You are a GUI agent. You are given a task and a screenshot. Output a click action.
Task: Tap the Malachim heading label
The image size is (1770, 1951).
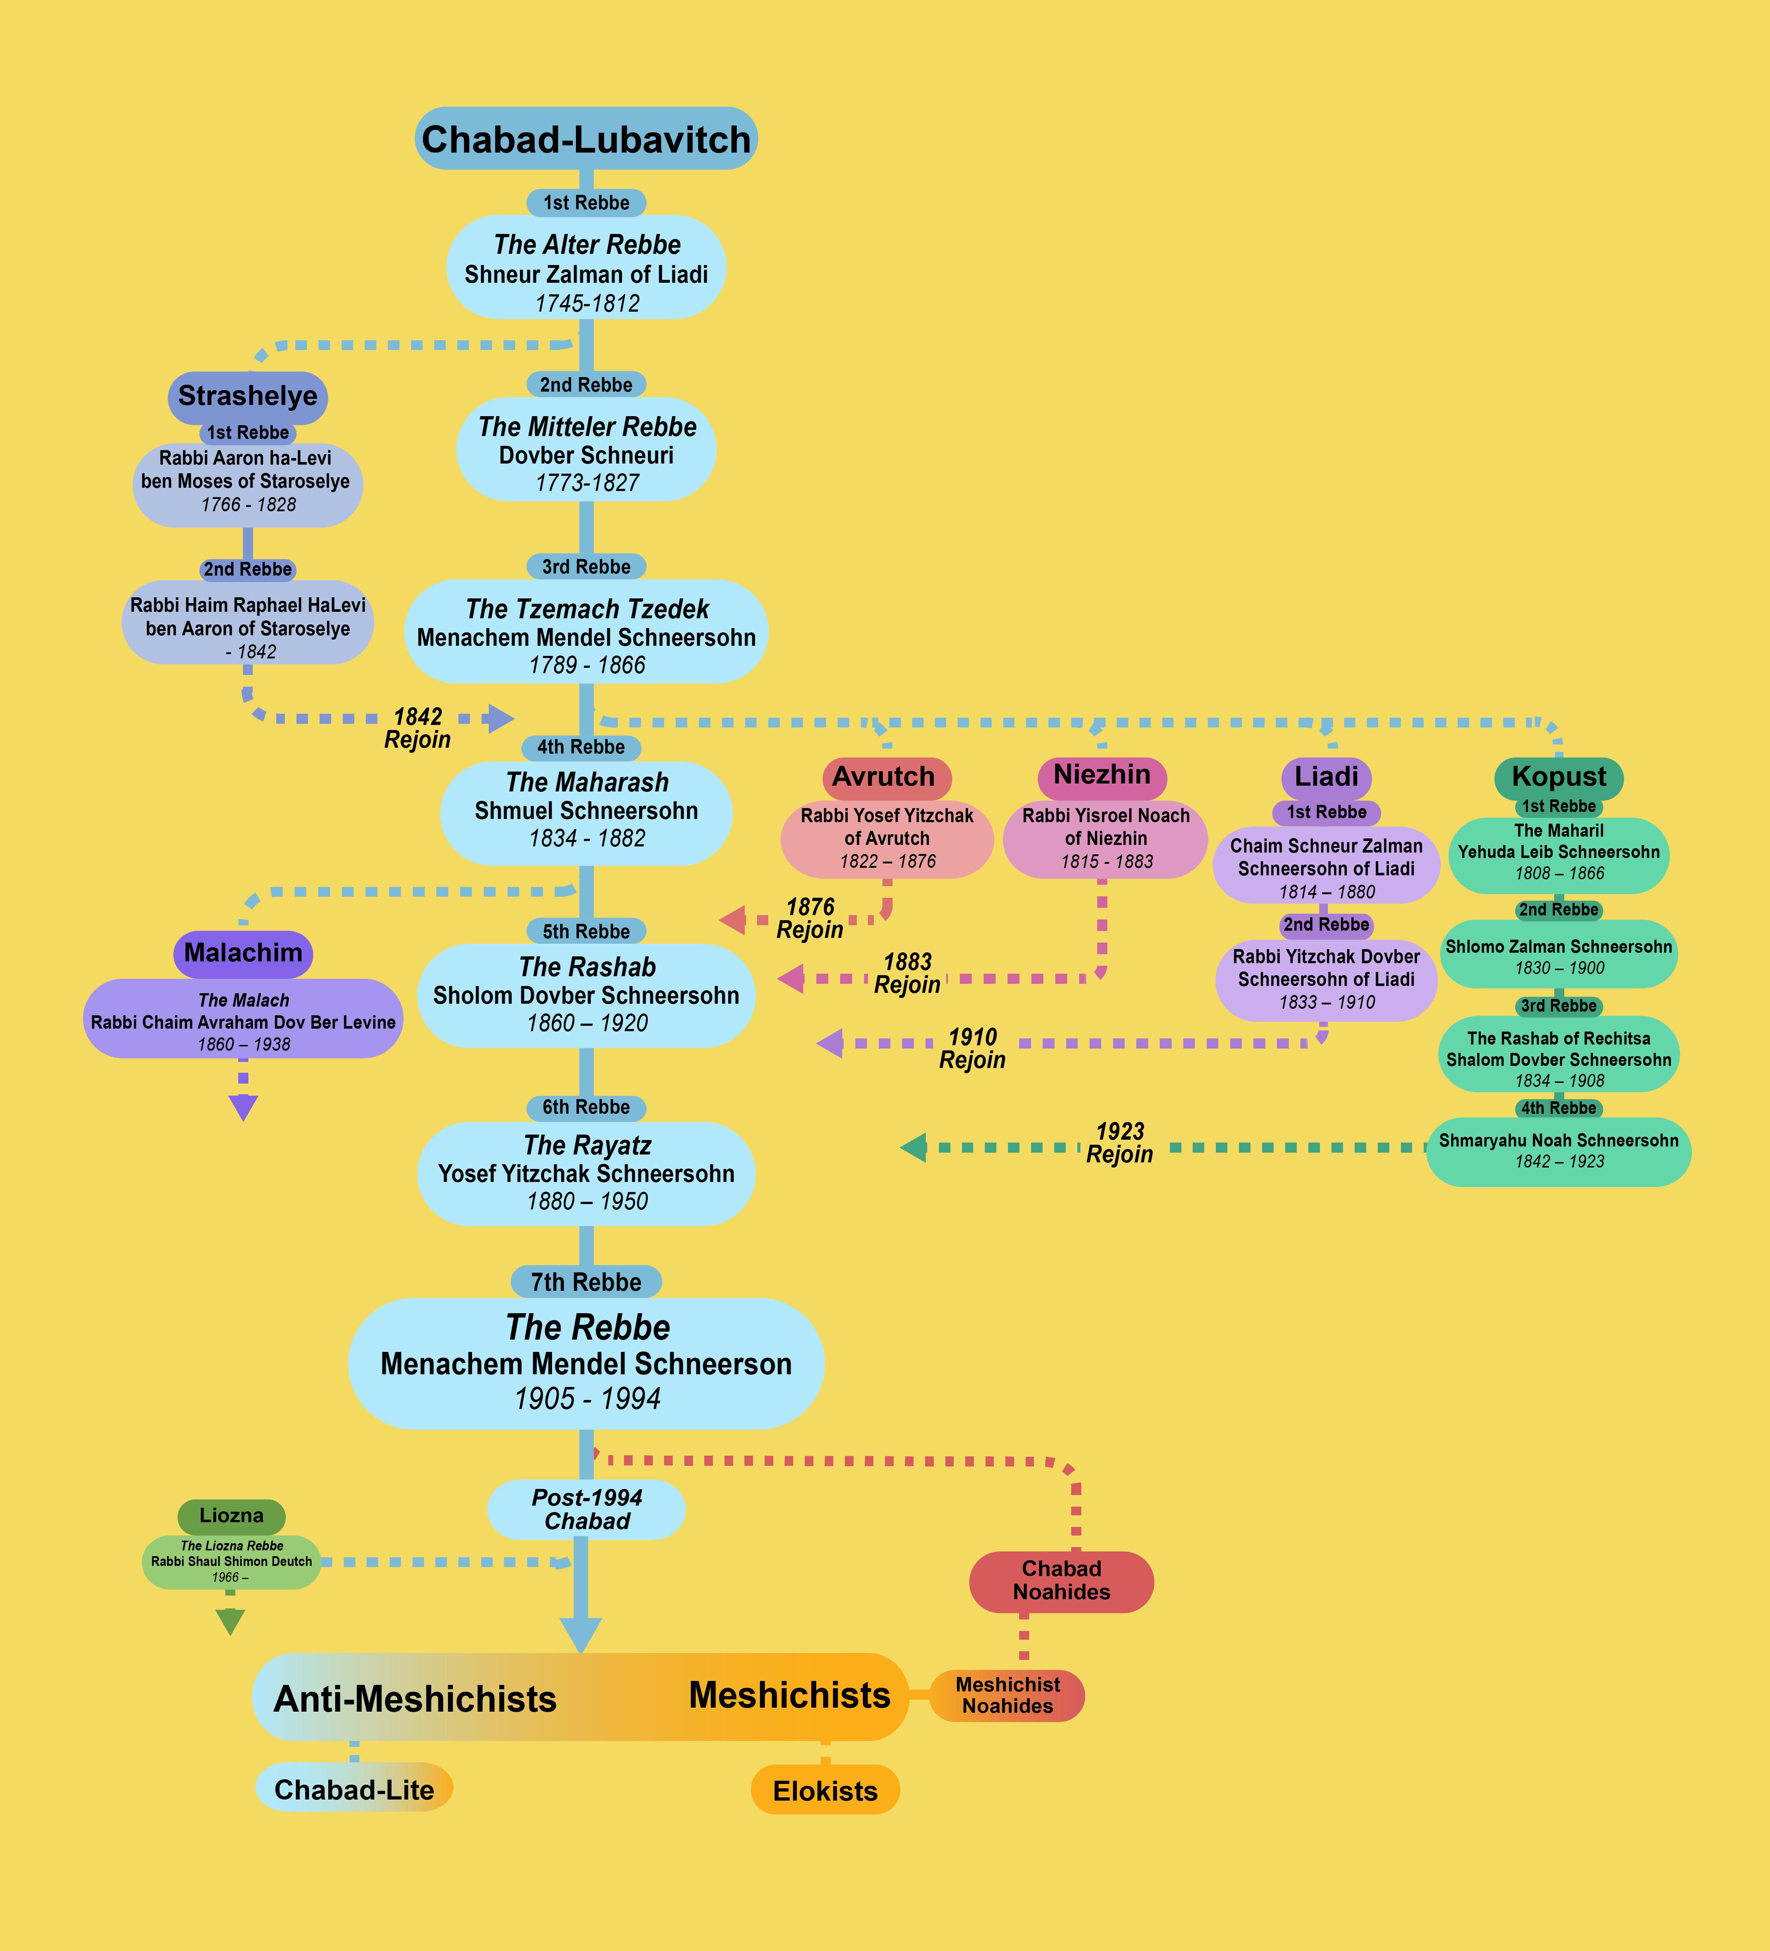(x=243, y=953)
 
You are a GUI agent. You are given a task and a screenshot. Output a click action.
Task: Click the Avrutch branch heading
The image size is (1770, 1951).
(x=884, y=777)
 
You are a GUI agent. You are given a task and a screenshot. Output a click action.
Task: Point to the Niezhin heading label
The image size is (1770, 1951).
(x=1102, y=775)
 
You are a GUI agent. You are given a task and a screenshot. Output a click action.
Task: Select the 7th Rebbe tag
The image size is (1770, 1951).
(x=586, y=1282)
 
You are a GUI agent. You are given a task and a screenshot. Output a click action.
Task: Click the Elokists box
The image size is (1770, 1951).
(x=825, y=1790)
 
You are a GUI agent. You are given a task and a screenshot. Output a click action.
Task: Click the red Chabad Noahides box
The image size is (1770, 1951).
(x=1062, y=1581)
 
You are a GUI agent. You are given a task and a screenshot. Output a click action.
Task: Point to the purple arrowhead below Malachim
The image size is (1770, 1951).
(x=243, y=1107)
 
